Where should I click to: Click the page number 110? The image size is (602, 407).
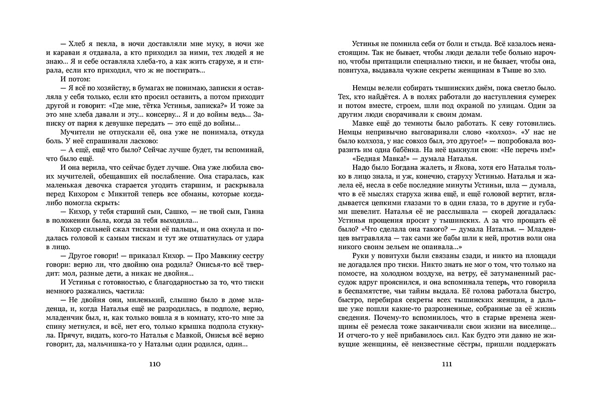click(152, 365)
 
